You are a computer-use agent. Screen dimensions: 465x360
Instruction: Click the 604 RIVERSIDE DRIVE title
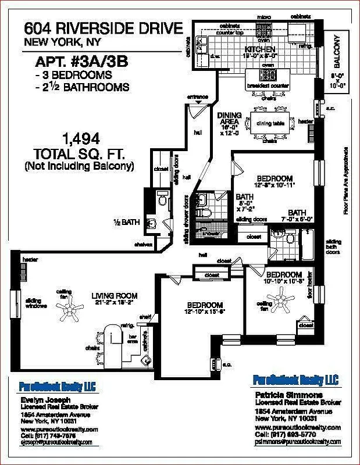point(101,28)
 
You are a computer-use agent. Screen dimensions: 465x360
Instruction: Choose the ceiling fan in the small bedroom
point(284,301)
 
